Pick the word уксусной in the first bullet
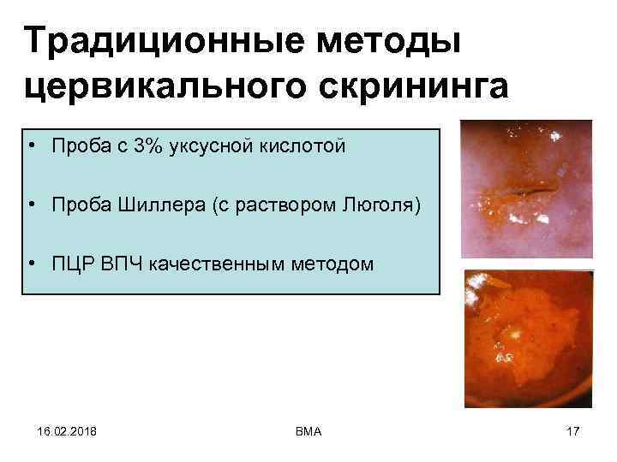click(207, 146)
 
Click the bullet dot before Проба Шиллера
click(30, 205)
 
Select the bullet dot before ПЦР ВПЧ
click(30, 264)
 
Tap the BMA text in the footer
click(307, 430)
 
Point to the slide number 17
click(572, 430)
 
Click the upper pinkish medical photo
click(525, 188)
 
